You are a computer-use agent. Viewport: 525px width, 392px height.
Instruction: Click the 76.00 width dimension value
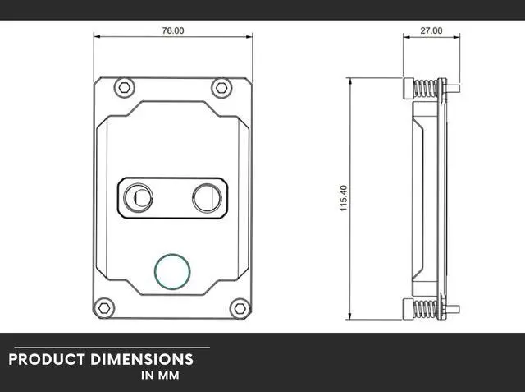[x=173, y=30]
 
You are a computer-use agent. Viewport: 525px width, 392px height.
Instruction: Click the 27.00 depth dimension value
[x=431, y=30]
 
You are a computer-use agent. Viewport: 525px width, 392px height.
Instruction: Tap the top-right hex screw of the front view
[x=220, y=86]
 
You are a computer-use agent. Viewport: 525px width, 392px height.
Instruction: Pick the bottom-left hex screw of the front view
[x=106, y=307]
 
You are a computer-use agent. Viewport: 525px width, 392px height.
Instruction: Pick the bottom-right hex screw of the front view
[x=239, y=307]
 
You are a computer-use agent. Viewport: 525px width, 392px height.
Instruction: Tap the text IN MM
[x=159, y=376]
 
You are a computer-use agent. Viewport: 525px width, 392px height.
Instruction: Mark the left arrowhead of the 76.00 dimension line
[x=97, y=37]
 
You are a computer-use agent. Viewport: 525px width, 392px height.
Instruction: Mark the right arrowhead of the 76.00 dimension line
[x=250, y=37]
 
